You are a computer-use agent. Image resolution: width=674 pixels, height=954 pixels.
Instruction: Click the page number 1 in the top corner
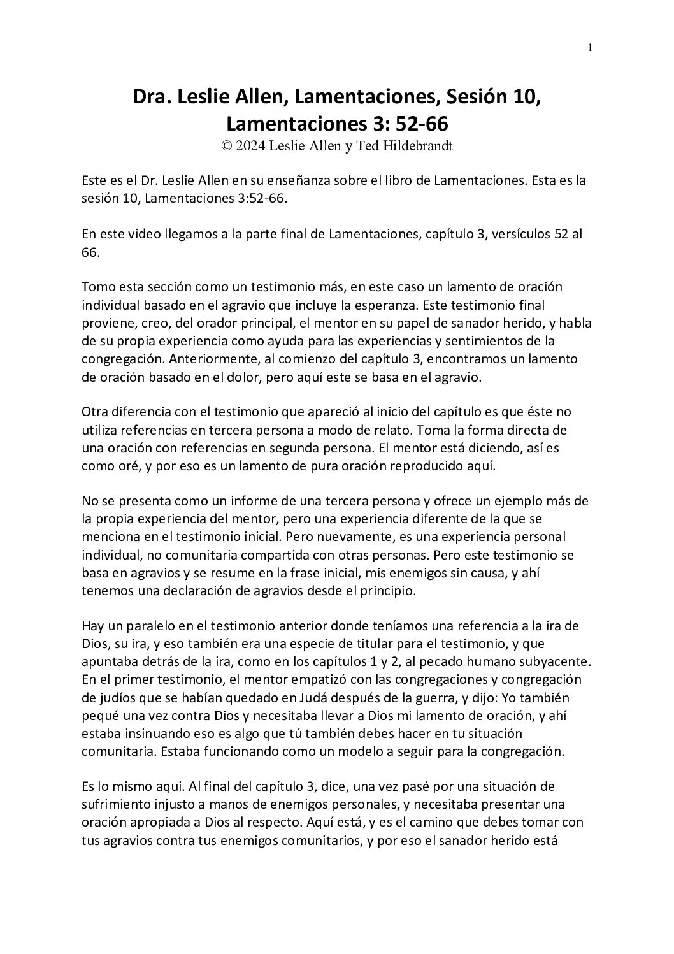(x=590, y=47)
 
